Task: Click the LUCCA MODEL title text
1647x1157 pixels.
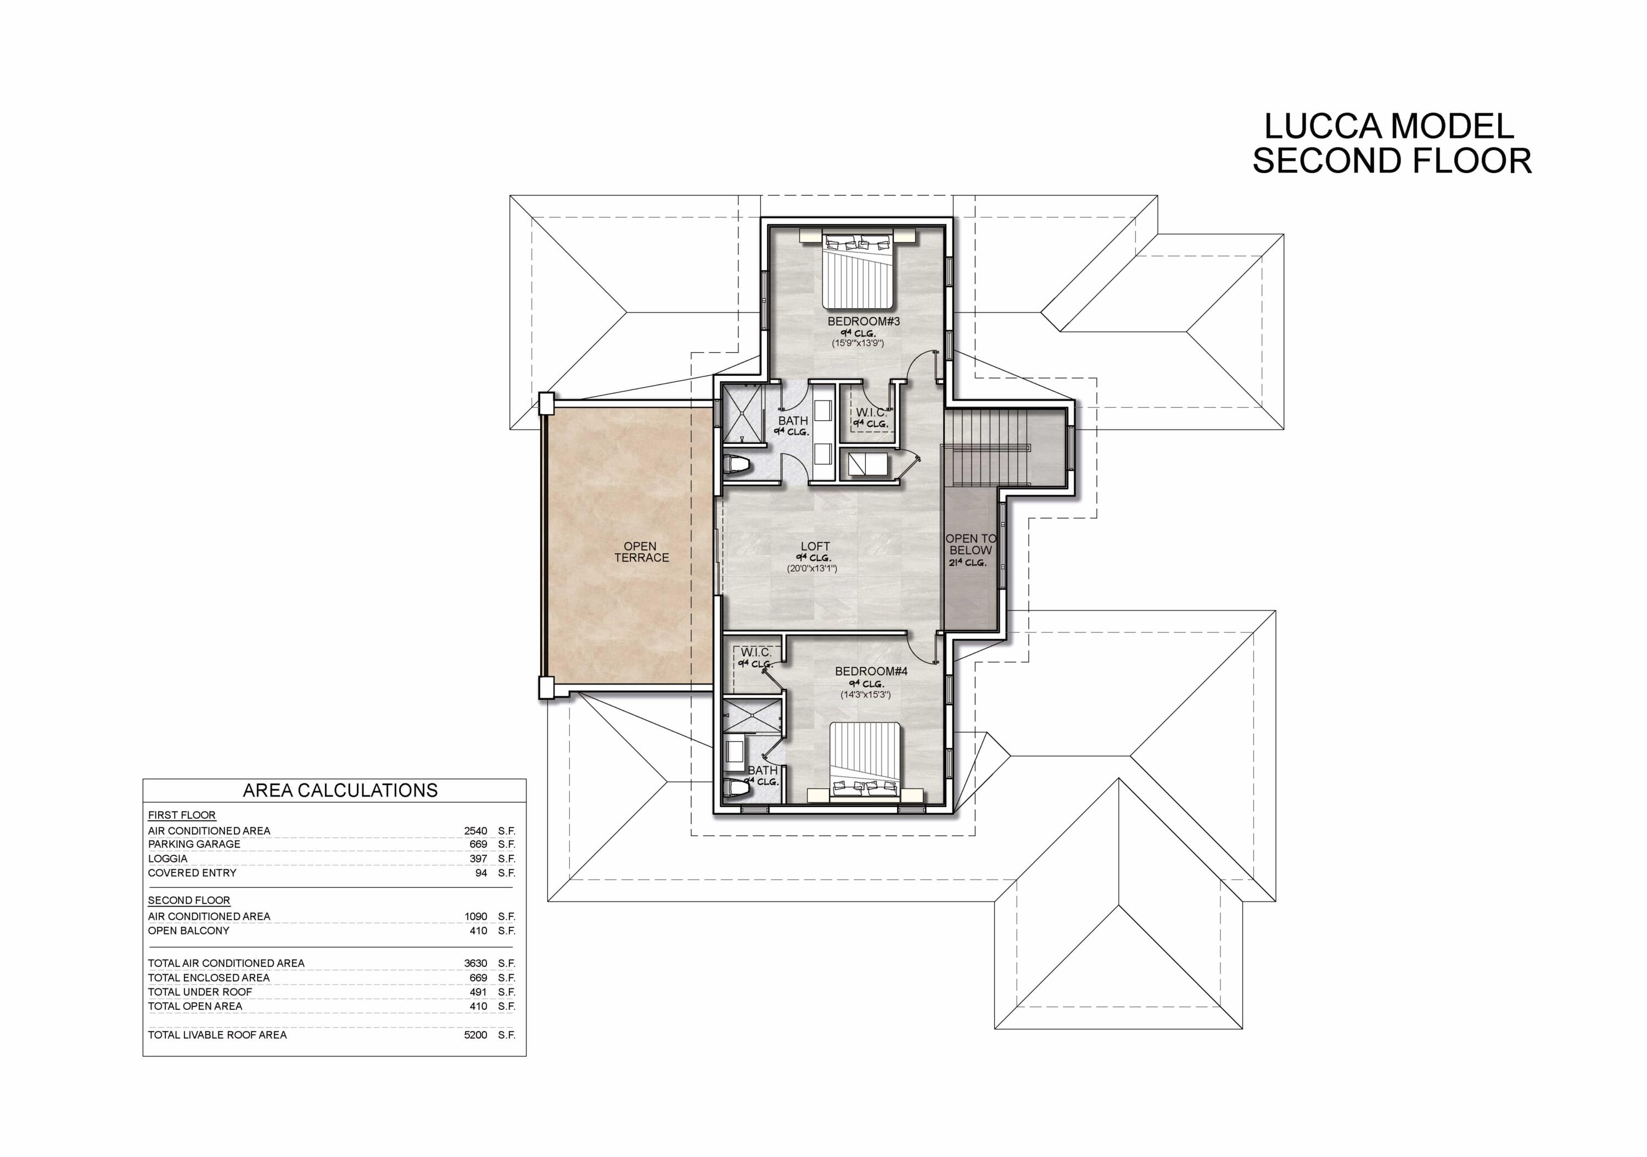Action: (x=1389, y=127)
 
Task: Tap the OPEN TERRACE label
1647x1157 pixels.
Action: (x=641, y=552)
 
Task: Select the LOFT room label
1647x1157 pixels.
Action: (x=815, y=546)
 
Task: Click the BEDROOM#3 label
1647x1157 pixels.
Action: (x=863, y=321)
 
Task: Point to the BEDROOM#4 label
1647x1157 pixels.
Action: (x=871, y=671)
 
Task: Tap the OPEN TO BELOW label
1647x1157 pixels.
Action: (x=970, y=545)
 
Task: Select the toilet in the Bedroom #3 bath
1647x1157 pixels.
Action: (x=737, y=466)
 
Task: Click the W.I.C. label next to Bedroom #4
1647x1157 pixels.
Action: (x=756, y=653)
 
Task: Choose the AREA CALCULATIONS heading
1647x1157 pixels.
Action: (x=340, y=790)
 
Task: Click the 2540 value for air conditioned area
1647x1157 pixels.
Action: (x=475, y=831)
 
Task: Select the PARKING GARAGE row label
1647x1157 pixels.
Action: (x=194, y=844)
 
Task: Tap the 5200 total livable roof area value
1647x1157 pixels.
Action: (x=475, y=1035)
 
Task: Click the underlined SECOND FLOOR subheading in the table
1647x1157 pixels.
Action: (x=189, y=900)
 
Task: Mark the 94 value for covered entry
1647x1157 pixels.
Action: (x=480, y=873)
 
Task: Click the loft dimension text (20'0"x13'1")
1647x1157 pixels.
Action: (x=811, y=569)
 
